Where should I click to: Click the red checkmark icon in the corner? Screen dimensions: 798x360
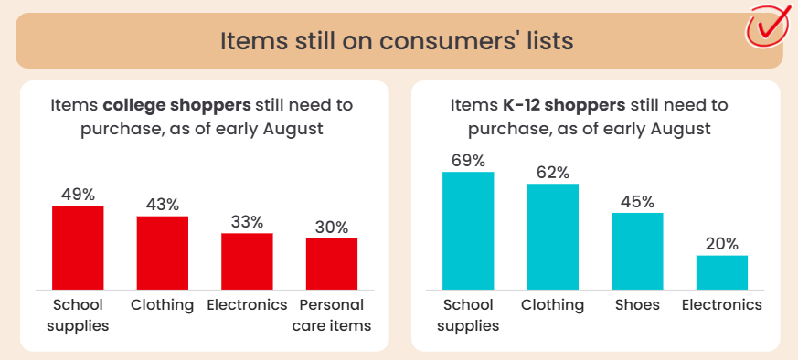pyautogui.click(x=767, y=26)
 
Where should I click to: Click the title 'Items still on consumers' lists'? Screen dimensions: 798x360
pyautogui.click(x=397, y=41)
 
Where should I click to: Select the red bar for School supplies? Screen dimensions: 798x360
pyautogui.click(x=78, y=248)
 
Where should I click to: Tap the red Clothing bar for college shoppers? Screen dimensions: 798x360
pyautogui.click(x=163, y=253)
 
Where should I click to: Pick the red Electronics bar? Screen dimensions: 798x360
pyautogui.click(x=247, y=261)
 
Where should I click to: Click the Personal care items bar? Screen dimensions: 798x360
pyautogui.click(x=331, y=264)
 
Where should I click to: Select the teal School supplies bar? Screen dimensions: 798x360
pyautogui.click(x=468, y=231)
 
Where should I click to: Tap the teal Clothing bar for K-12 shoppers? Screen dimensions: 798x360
pyautogui.click(x=553, y=237)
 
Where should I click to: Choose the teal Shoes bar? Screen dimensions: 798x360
pyautogui.click(x=637, y=251)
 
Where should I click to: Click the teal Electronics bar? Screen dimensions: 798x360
pyautogui.click(x=721, y=272)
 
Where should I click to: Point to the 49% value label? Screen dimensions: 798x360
pyautogui.click(x=78, y=195)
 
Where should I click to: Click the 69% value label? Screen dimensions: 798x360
pyautogui.click(x=468, y=161)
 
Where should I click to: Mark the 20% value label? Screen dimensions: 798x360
pyautogui.click(x=721, y=244)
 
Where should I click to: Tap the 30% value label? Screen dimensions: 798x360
pyautogui.click(x=331, y=228)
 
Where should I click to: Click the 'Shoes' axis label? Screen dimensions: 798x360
pyautogui.click(x=637, y=304)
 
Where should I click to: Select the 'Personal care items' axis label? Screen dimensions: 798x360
pyautogui.click(x=331, y=315)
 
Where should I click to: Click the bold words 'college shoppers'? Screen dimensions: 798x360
pyautogui.click(x=176, y=106)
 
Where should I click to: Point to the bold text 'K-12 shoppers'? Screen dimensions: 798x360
pyautogui.click(x=564, y=106)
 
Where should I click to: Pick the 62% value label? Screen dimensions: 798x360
pyautogui.click(x=553, y=173)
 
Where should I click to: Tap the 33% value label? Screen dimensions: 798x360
pyautogui.click(x=247, y=222)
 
